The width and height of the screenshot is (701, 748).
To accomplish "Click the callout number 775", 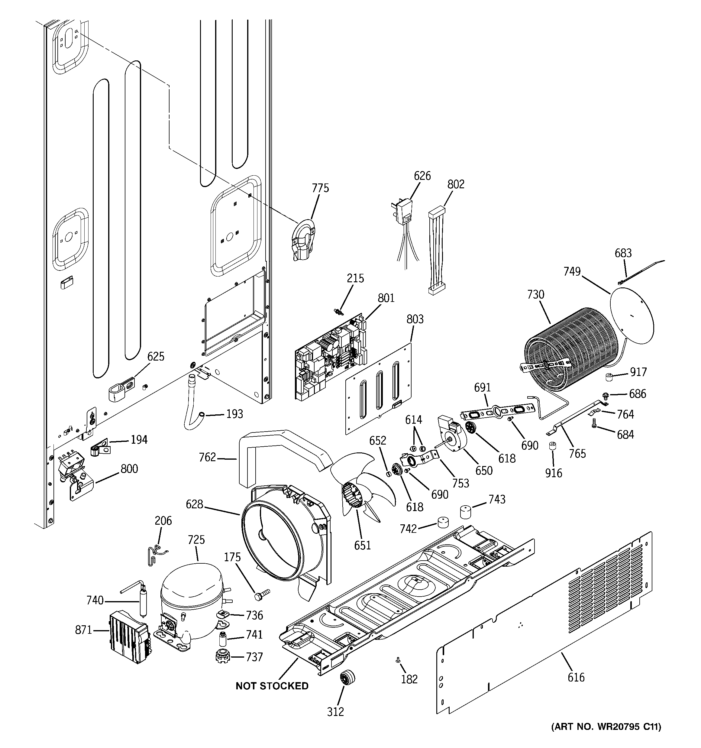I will (320, 188).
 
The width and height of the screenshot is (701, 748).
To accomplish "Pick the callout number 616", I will (576, 677).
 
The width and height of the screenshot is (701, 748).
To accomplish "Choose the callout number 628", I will (195, 504).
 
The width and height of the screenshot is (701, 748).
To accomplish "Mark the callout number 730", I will (535, 294).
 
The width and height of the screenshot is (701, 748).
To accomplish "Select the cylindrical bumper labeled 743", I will (465, 512).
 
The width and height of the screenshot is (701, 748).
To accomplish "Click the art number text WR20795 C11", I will (606, 737).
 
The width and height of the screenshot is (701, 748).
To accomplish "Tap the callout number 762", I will (207, 457).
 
